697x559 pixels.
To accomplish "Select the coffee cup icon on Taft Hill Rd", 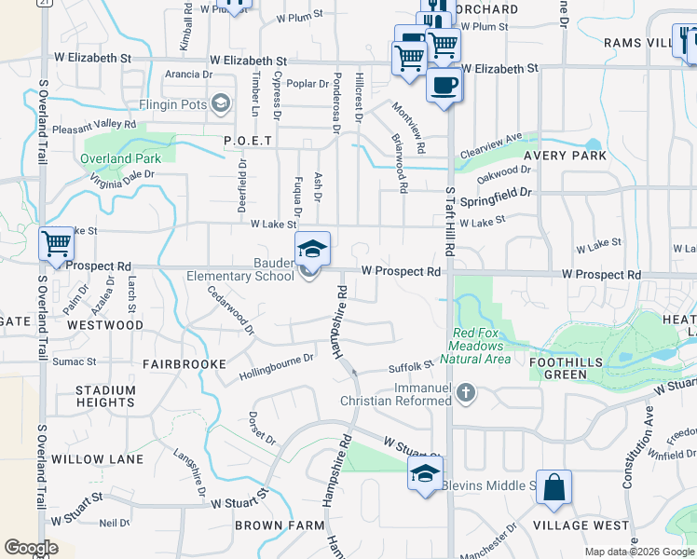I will pos(444,87).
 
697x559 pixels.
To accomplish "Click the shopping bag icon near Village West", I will pos(553,487).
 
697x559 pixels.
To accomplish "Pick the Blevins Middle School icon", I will pos(424,474).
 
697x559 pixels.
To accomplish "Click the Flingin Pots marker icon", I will pos(221,102).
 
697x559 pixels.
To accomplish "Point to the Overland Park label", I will pos(120,158).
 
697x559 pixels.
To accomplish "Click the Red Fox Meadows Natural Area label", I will pos(482,346).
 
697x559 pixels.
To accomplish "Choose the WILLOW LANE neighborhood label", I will pos(97,459).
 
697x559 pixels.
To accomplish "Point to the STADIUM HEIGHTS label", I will pos(105,396).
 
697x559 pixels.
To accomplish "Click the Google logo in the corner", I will pos(31,548).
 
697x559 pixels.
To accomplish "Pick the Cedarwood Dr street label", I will pos(231,315).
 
